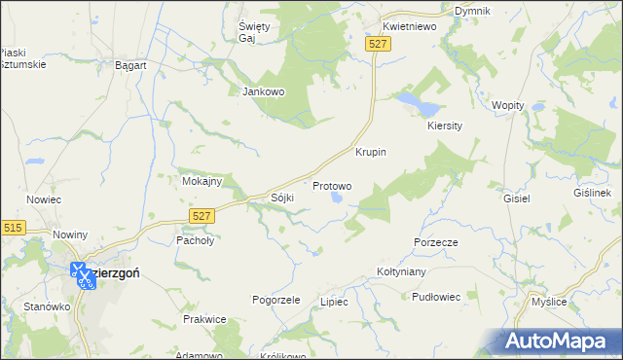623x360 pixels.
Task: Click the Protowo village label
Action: (x=332, y=185)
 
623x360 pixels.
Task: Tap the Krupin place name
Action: (x=371, y=153)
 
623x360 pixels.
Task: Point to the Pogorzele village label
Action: (x=276, y=300)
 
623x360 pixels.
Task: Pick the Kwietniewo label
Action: (x=409, y=27)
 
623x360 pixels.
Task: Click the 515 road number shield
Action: (x=13, y=227)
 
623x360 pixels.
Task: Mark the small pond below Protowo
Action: (x=337, y=198)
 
